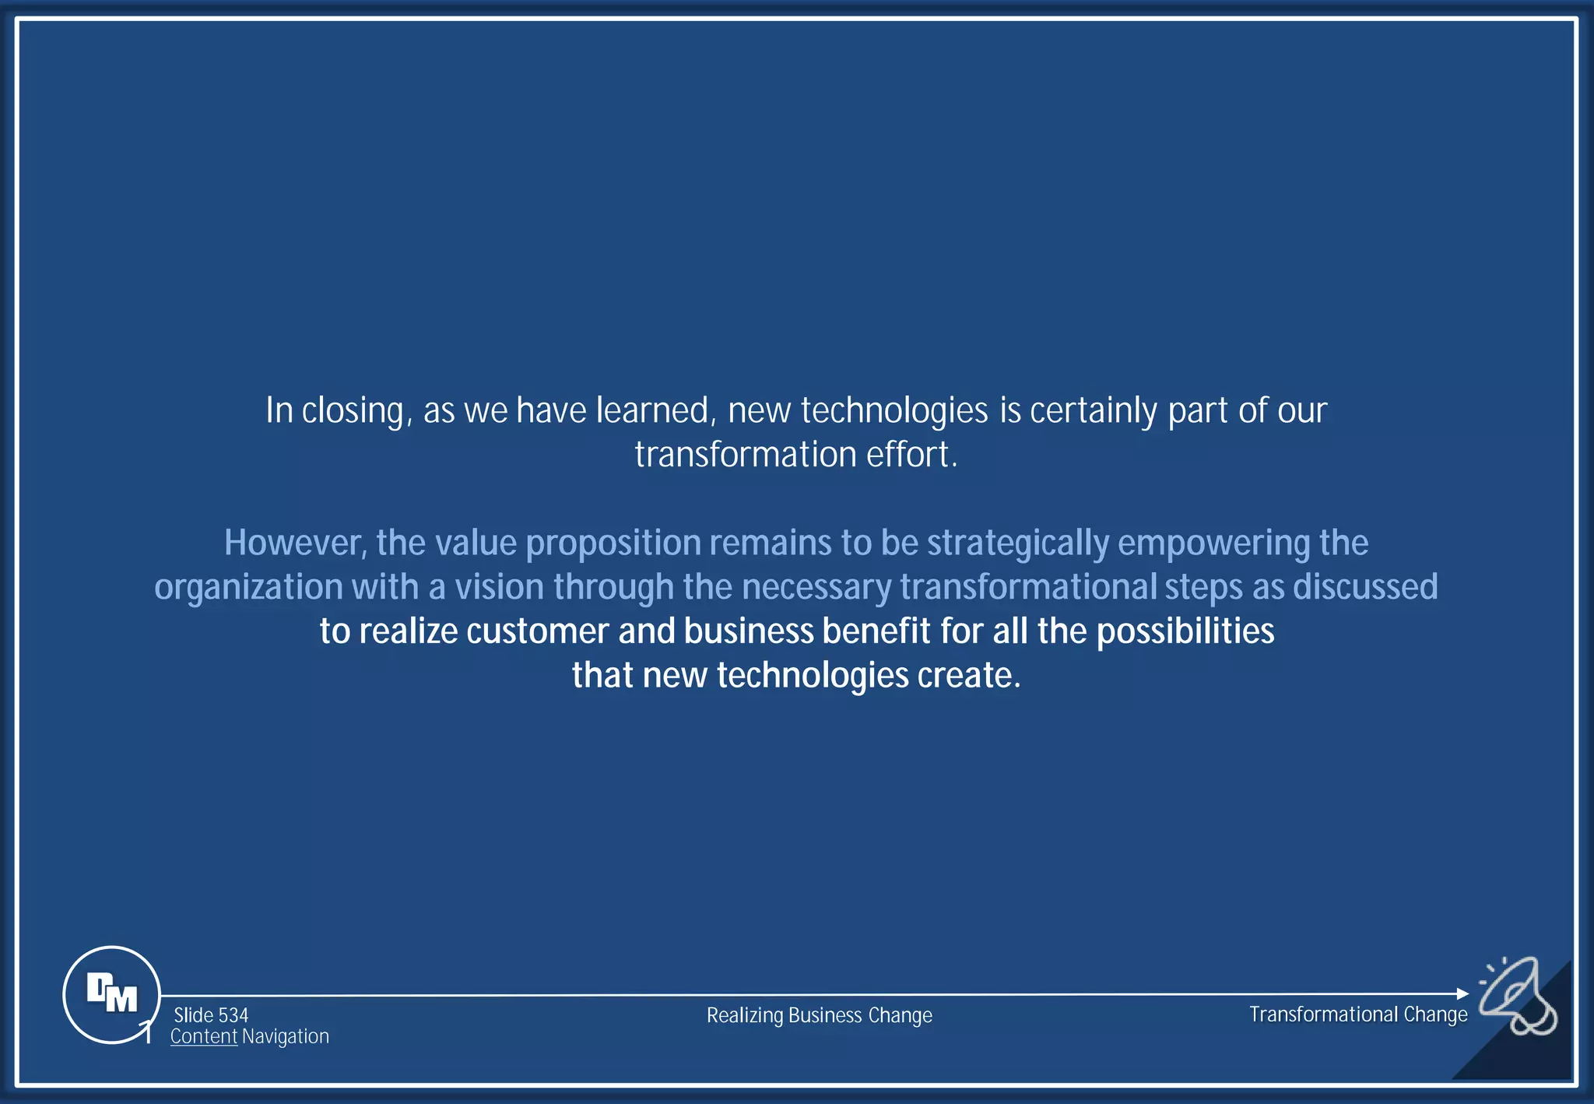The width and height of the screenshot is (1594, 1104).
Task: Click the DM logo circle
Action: tap(111, 994)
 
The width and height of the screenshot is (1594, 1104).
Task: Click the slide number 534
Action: tap(211, 1015)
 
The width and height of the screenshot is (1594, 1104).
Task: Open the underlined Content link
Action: tap(203, 1037)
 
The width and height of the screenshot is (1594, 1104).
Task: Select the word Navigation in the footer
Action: tap(286, 1037)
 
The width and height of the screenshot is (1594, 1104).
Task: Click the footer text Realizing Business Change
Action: tap(819, 1015)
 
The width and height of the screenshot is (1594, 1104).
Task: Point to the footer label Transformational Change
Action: tap(1358, 1014)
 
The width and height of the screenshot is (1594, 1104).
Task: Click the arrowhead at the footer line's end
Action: tap(1462, 993)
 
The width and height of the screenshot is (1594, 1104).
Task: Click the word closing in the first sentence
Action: tap(353, 410)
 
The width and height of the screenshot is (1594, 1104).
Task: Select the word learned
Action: tap(654, 410)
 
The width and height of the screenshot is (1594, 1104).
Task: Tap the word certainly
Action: tap(1093, 410)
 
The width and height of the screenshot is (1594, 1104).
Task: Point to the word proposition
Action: tap(613, 543)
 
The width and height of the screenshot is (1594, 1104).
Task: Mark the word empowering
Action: tap(1213, 543)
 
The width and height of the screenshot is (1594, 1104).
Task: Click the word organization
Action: tap(248, 587)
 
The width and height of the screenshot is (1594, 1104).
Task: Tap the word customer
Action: tap(537, 631)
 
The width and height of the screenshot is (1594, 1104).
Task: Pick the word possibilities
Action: tap(1185, 631)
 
